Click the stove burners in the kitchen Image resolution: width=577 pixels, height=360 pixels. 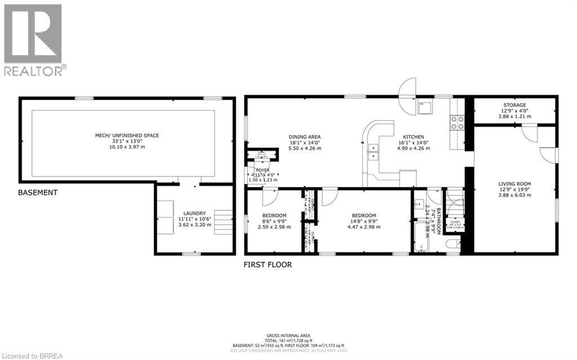pos(456,123)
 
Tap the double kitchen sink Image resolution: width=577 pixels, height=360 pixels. pos(374,151)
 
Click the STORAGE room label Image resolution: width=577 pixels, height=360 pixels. pos(514,105)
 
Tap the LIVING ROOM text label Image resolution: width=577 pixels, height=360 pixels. pos(514,184)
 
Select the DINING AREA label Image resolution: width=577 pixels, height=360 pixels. pos(304,137)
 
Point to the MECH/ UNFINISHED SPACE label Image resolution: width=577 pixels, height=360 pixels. pos(127,135)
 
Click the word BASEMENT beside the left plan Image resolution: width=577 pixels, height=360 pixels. pos(38,193)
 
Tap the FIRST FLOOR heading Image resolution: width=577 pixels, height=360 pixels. pos(268,264)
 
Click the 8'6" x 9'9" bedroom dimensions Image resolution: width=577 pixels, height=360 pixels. pos(274,221)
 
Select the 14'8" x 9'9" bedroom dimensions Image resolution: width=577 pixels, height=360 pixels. pos(363,221)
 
